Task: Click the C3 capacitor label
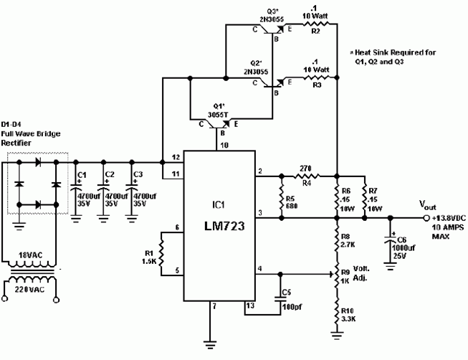[x=138, y=174]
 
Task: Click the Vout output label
[x=427, y=204]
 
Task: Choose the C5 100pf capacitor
[x=279, y=303]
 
